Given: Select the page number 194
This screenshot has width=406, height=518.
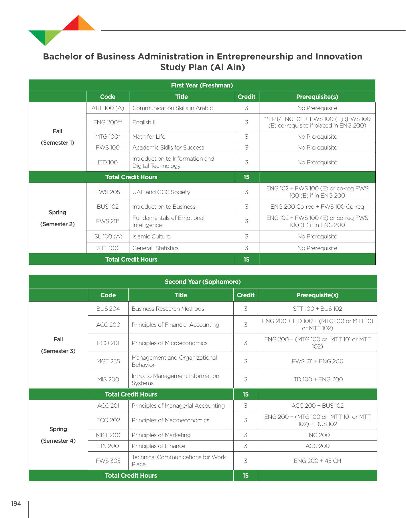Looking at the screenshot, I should click(16, 504).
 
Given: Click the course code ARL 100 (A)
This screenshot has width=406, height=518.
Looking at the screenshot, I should click(108, 108).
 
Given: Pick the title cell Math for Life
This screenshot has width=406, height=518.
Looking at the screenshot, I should click(149, 137).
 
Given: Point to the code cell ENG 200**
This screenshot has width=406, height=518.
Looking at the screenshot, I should click(108, 122).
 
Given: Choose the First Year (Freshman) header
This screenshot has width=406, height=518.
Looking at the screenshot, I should click(202, 85).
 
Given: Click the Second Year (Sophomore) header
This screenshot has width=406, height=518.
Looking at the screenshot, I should click(203, 282).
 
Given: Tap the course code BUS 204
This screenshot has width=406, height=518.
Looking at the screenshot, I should click(108, 309).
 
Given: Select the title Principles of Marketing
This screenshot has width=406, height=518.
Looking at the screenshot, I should click(161, 435).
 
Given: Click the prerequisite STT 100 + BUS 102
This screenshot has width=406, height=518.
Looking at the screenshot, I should click(318, 309).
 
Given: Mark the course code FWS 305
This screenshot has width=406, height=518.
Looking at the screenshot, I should click(108, 461).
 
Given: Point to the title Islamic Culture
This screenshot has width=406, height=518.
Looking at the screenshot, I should click(151, 236).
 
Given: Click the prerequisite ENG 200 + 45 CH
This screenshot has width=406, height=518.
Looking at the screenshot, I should click(318, 461).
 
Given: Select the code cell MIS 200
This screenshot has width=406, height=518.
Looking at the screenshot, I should click(108, 379).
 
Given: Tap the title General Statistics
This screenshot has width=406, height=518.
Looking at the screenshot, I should click(155, 248).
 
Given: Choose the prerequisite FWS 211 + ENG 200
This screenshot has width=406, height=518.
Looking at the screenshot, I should click(318, 361).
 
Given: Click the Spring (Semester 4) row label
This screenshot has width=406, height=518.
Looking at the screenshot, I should click(58, 435).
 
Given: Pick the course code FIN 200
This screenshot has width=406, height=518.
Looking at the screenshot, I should click(108, 446).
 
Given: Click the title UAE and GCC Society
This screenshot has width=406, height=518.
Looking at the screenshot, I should click(161, 192).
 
